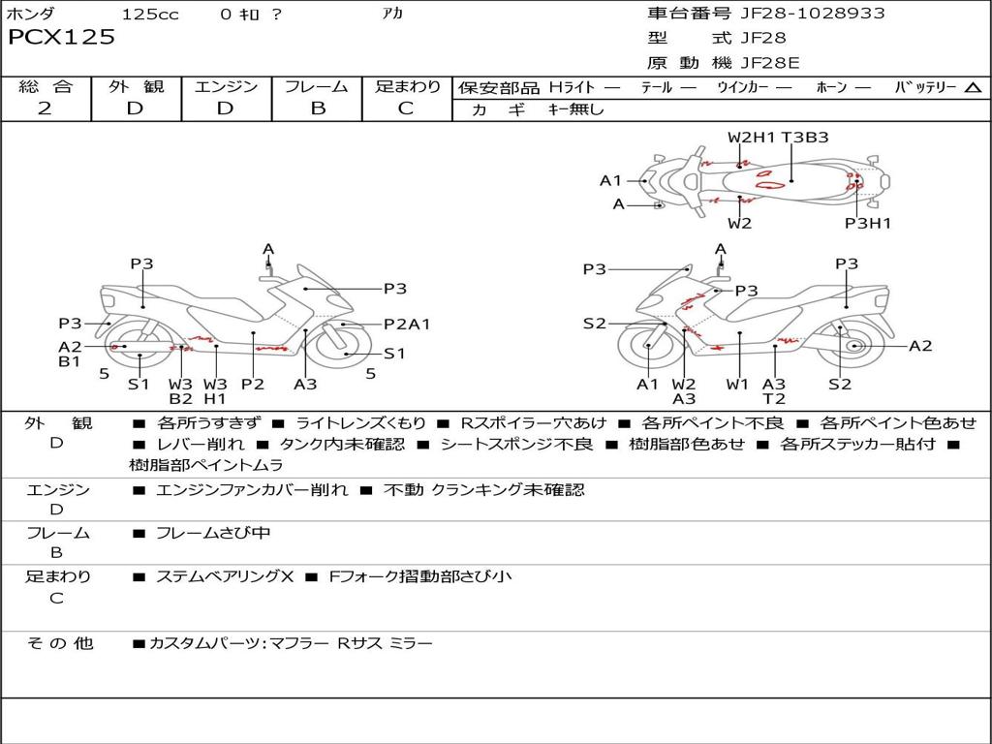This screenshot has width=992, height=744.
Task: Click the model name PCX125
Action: pyautogui.click(x=61, y=38)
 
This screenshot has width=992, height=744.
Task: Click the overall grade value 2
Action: pyautogui.click(x=45, y=108)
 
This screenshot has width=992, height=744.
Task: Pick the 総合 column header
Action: pyautogui.click(x=45, y=86)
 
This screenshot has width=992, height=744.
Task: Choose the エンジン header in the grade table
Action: pyautogui.click(x=226, y=86)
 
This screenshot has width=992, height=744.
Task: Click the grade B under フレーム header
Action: pyautogui.click(x=317, y=108)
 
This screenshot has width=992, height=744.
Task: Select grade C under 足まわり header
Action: pyautogui.click(x=406, y=108)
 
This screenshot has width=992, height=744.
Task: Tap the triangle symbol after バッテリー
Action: pyautogui.click(x=973, y=87)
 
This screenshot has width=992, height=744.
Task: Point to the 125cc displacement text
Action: pyautogui.click(x=150, y=15)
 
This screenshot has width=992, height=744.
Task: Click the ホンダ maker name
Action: pyautogui.click(x=31, y=15)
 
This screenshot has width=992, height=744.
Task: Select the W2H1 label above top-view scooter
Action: pyautogui.click(x=752, y=138)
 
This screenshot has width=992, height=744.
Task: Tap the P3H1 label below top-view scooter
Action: pyautogui.click(x=867, y=224)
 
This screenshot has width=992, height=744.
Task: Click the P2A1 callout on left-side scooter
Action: pyautogui.click(x=407, y=325)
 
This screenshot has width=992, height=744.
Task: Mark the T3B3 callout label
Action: pyautogui.click(x=805, y=138)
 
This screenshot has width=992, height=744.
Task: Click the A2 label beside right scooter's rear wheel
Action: pyautogui.click(x=920, y=346)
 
